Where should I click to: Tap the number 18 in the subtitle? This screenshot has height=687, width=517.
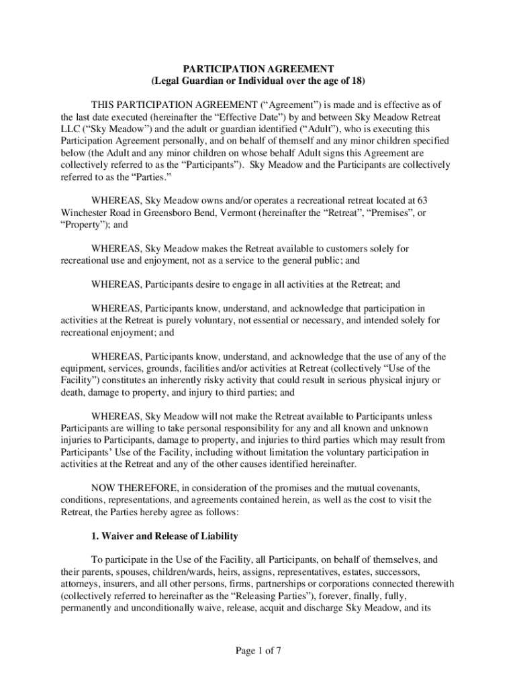click(357, 81)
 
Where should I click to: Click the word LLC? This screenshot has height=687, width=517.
click(70, 127)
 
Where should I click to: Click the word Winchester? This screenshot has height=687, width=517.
click(85, 213)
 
